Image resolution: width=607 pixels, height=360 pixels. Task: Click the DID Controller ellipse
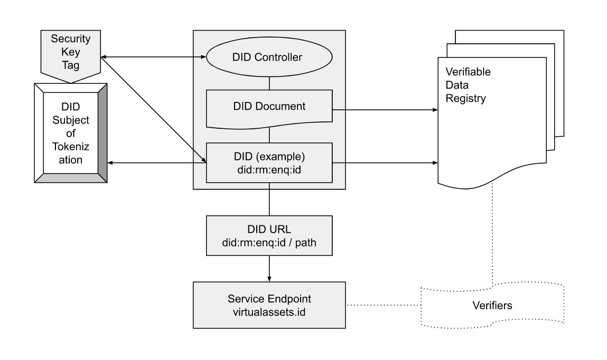tap(269, 57)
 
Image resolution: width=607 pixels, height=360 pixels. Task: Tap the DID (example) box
tap(269, 162)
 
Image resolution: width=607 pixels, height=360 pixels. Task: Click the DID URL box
tap(269, 235)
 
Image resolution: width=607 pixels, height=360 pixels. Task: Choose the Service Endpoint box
tap(269, 305)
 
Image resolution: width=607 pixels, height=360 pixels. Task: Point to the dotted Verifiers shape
tap(492, 305)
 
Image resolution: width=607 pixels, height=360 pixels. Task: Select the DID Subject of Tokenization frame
tap(71, 133)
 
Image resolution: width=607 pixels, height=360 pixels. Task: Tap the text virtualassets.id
tap(269, 311)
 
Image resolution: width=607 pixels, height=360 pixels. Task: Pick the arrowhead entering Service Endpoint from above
tap(269, 278)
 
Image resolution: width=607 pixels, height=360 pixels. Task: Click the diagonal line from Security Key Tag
tap(153, 108)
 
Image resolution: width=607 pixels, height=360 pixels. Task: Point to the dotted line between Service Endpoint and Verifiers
tap(383, 305)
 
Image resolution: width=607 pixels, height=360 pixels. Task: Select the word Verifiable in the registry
tap(468, 72)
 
